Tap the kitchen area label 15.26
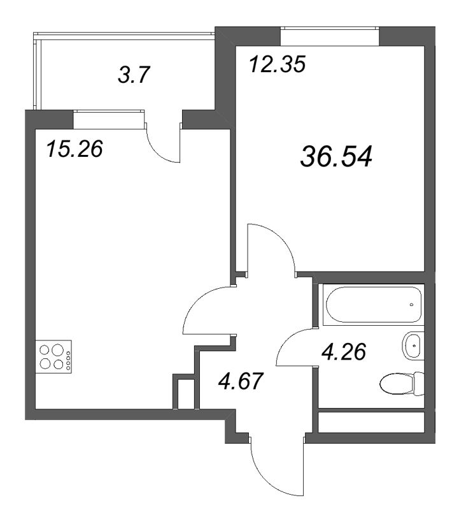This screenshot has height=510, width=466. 74,150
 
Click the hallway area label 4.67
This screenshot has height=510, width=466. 241,384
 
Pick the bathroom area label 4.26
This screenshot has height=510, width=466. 344,351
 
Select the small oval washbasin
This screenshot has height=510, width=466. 413,346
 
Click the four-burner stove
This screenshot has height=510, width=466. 53,357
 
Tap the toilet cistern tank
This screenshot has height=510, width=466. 418,384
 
